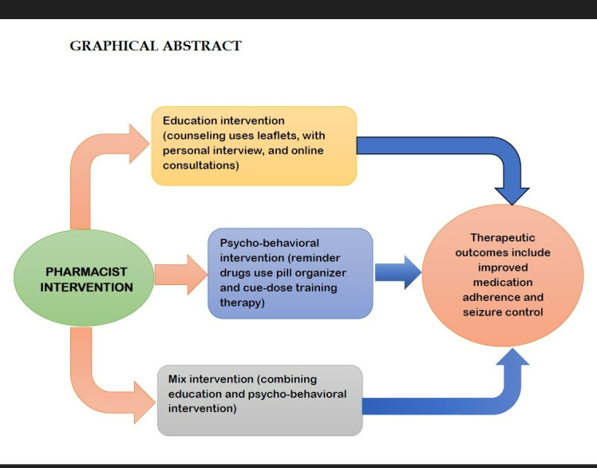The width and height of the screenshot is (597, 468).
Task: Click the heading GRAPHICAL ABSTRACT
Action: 156,46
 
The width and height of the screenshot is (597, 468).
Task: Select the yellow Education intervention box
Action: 254,145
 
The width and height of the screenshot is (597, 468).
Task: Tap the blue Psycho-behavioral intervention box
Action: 290,272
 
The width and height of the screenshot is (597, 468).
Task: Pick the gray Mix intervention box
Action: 259,400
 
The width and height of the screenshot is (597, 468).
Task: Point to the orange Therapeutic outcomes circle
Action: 502,275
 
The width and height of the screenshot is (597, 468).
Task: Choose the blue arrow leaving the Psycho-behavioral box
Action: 397,272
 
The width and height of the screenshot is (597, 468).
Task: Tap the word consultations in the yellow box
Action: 199,165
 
